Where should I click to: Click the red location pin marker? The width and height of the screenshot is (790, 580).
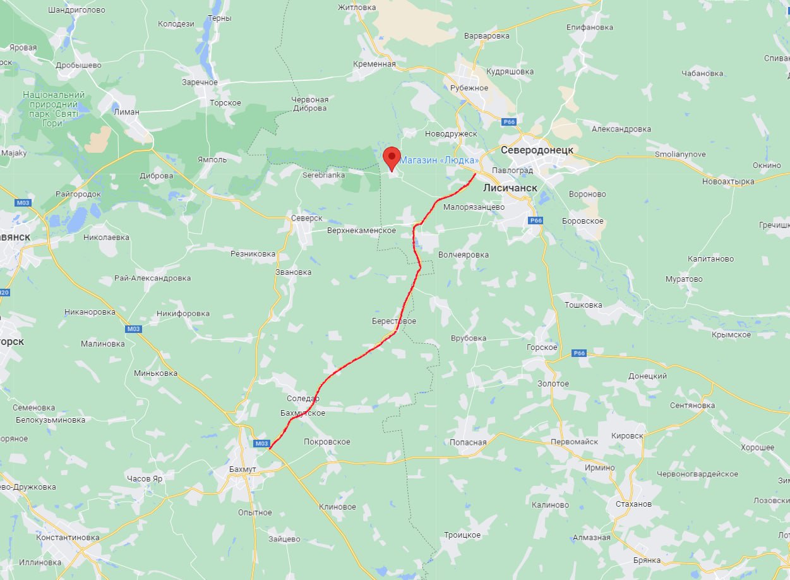tap(392, 157)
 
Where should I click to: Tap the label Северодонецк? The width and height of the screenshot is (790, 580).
tap(537, 150)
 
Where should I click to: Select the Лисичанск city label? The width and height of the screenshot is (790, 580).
tap(510, 188)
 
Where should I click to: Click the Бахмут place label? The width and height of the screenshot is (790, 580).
tap(243, 470)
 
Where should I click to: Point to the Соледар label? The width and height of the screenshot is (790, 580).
tap(303, 399)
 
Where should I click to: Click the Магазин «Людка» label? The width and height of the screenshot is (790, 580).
tap(438, 160)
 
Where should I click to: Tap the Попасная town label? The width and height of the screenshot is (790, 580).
tap(468, 442)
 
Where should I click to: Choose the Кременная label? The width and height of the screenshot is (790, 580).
tap(375, 64)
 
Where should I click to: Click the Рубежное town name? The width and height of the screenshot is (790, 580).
tap(469, 88)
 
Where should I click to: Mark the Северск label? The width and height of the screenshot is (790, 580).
tap(307, 218)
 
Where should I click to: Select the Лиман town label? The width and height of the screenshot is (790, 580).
tap(126, 112)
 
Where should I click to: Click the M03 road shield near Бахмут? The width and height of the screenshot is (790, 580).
tap(262, 444)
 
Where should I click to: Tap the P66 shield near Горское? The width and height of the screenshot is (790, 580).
tap(580, 353)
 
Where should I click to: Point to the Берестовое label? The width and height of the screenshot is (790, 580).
tap(394, 322)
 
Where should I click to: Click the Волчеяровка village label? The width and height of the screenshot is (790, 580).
tap(464, 255)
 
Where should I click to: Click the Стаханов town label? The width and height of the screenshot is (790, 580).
tap(633, 504)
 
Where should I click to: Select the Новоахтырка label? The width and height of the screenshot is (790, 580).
tap(728, 182)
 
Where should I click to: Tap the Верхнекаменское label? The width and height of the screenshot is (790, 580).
tap(361, 231)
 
